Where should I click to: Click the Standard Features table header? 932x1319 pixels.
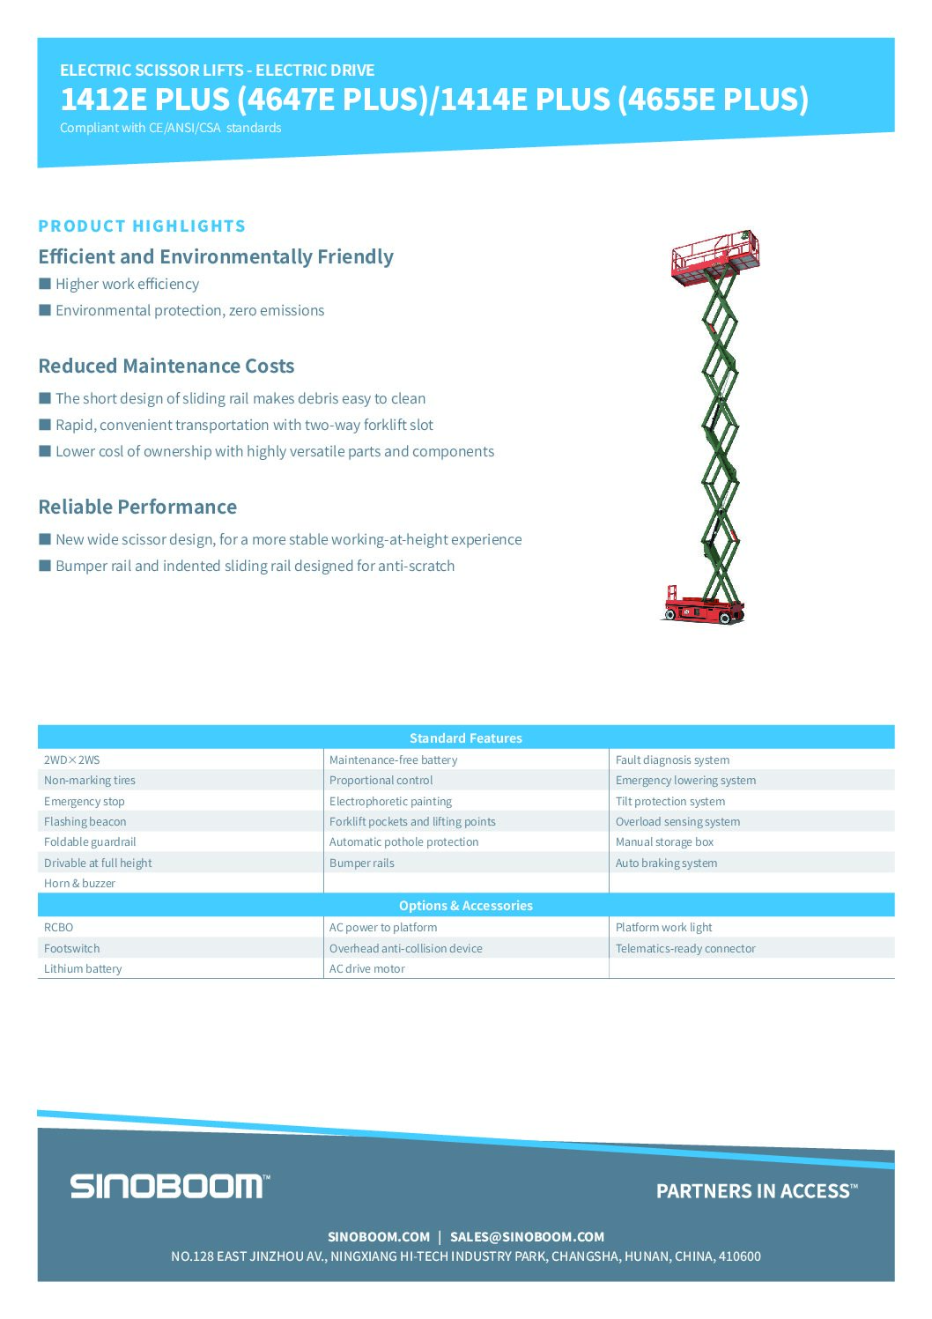click(465, 738)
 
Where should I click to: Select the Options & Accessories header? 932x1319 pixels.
click(465, 906)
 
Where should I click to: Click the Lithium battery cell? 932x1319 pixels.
click(83, 969)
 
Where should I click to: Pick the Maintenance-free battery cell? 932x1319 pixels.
click(393, 760)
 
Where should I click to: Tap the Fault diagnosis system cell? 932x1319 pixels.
click(672, 760)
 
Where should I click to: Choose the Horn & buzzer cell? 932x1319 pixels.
click(79, 884)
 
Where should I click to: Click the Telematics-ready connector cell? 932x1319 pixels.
click(685, 949)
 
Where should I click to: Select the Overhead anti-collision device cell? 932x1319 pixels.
click(405, 949)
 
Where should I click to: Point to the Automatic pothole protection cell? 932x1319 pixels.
click(403, 842)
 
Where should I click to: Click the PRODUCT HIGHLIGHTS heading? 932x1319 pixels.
click(142, 226)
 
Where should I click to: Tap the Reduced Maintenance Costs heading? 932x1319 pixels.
click(166, 367)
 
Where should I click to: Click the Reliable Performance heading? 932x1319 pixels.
click(137, 508)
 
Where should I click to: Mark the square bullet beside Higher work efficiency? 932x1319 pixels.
click(45, 284)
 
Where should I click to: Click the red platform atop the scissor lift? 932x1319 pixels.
click(714, 258)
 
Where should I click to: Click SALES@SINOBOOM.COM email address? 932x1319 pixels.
click(527, 1237)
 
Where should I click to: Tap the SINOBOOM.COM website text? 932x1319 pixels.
click(379, 1237)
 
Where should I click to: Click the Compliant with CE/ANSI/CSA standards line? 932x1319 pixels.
click(171, 128)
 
